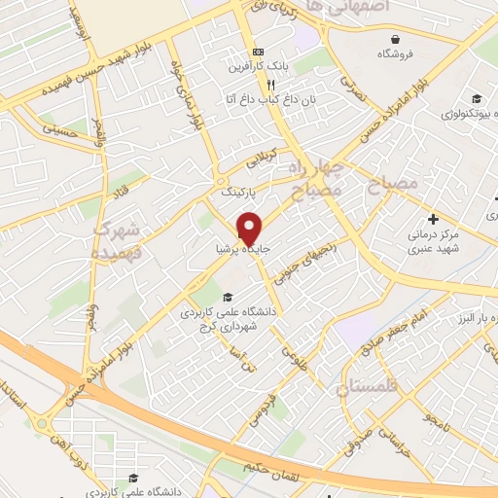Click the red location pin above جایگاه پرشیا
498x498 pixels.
pos(249,228)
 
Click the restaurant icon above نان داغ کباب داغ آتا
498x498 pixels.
pos(257,85)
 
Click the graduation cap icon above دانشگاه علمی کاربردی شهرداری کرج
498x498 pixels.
pos(228,298)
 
